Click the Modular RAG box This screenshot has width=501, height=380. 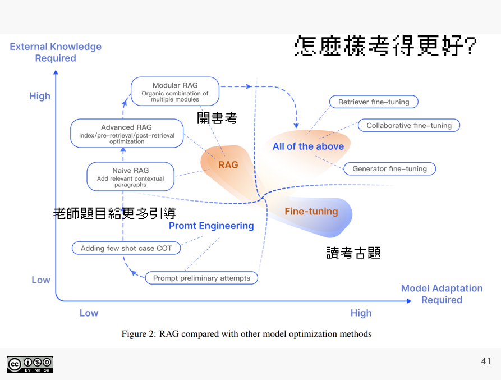[174, 91]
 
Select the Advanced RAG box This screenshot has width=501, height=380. [127, 134]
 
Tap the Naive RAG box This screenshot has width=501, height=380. [130, 177]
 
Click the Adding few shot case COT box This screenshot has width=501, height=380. [126, 248]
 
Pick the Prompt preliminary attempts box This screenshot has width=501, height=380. [201, 278]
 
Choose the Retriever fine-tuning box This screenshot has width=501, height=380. [374, 102]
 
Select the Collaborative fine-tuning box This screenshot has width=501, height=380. [408, 126]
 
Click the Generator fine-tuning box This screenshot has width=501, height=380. [389, 168]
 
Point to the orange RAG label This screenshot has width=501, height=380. [228, 164]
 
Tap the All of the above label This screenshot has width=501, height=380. [308, 146]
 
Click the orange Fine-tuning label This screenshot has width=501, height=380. [311, 212]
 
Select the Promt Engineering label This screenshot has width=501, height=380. [211, 226]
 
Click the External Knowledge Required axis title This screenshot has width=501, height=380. [56, 52]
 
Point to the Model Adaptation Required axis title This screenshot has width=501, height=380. [442, 294]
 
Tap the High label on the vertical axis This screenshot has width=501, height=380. [40, 96]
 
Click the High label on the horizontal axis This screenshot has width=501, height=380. [361, 313]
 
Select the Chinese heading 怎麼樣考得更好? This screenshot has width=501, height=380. [385, 47]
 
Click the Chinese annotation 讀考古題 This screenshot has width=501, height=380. [353, 253]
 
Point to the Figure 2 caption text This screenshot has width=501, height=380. [246, 334]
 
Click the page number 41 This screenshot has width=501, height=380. [486, 361]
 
